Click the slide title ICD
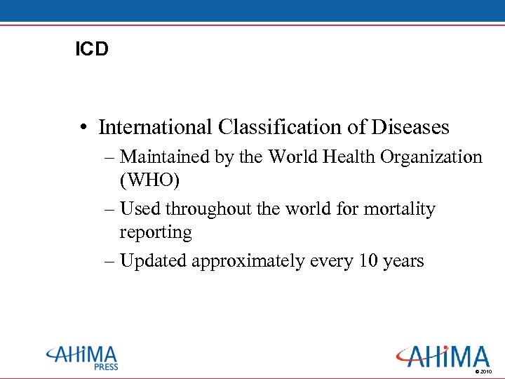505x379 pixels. (x=92, y=51)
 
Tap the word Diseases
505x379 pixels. (x=410, y=127)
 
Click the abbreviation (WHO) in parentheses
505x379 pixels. (x=150, y=180)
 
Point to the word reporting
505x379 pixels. (x=156, y=232)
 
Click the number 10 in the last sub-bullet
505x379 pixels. (x=368, y=261)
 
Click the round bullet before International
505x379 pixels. (x=83, y=128)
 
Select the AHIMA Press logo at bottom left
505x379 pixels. (x=83, y=357)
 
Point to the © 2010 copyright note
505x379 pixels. (x=484, y=371)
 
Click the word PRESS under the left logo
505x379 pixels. (x=106, y=366)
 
